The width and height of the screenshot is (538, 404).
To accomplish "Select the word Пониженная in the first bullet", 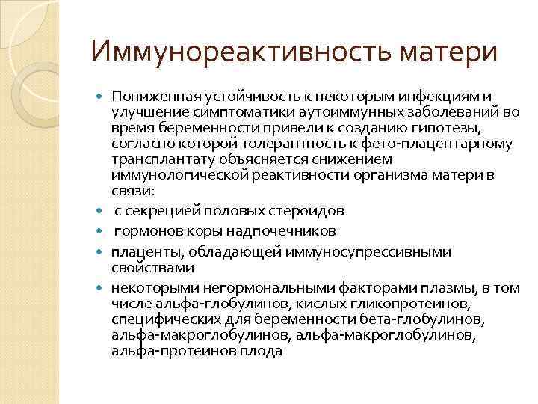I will click(149, 97).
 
